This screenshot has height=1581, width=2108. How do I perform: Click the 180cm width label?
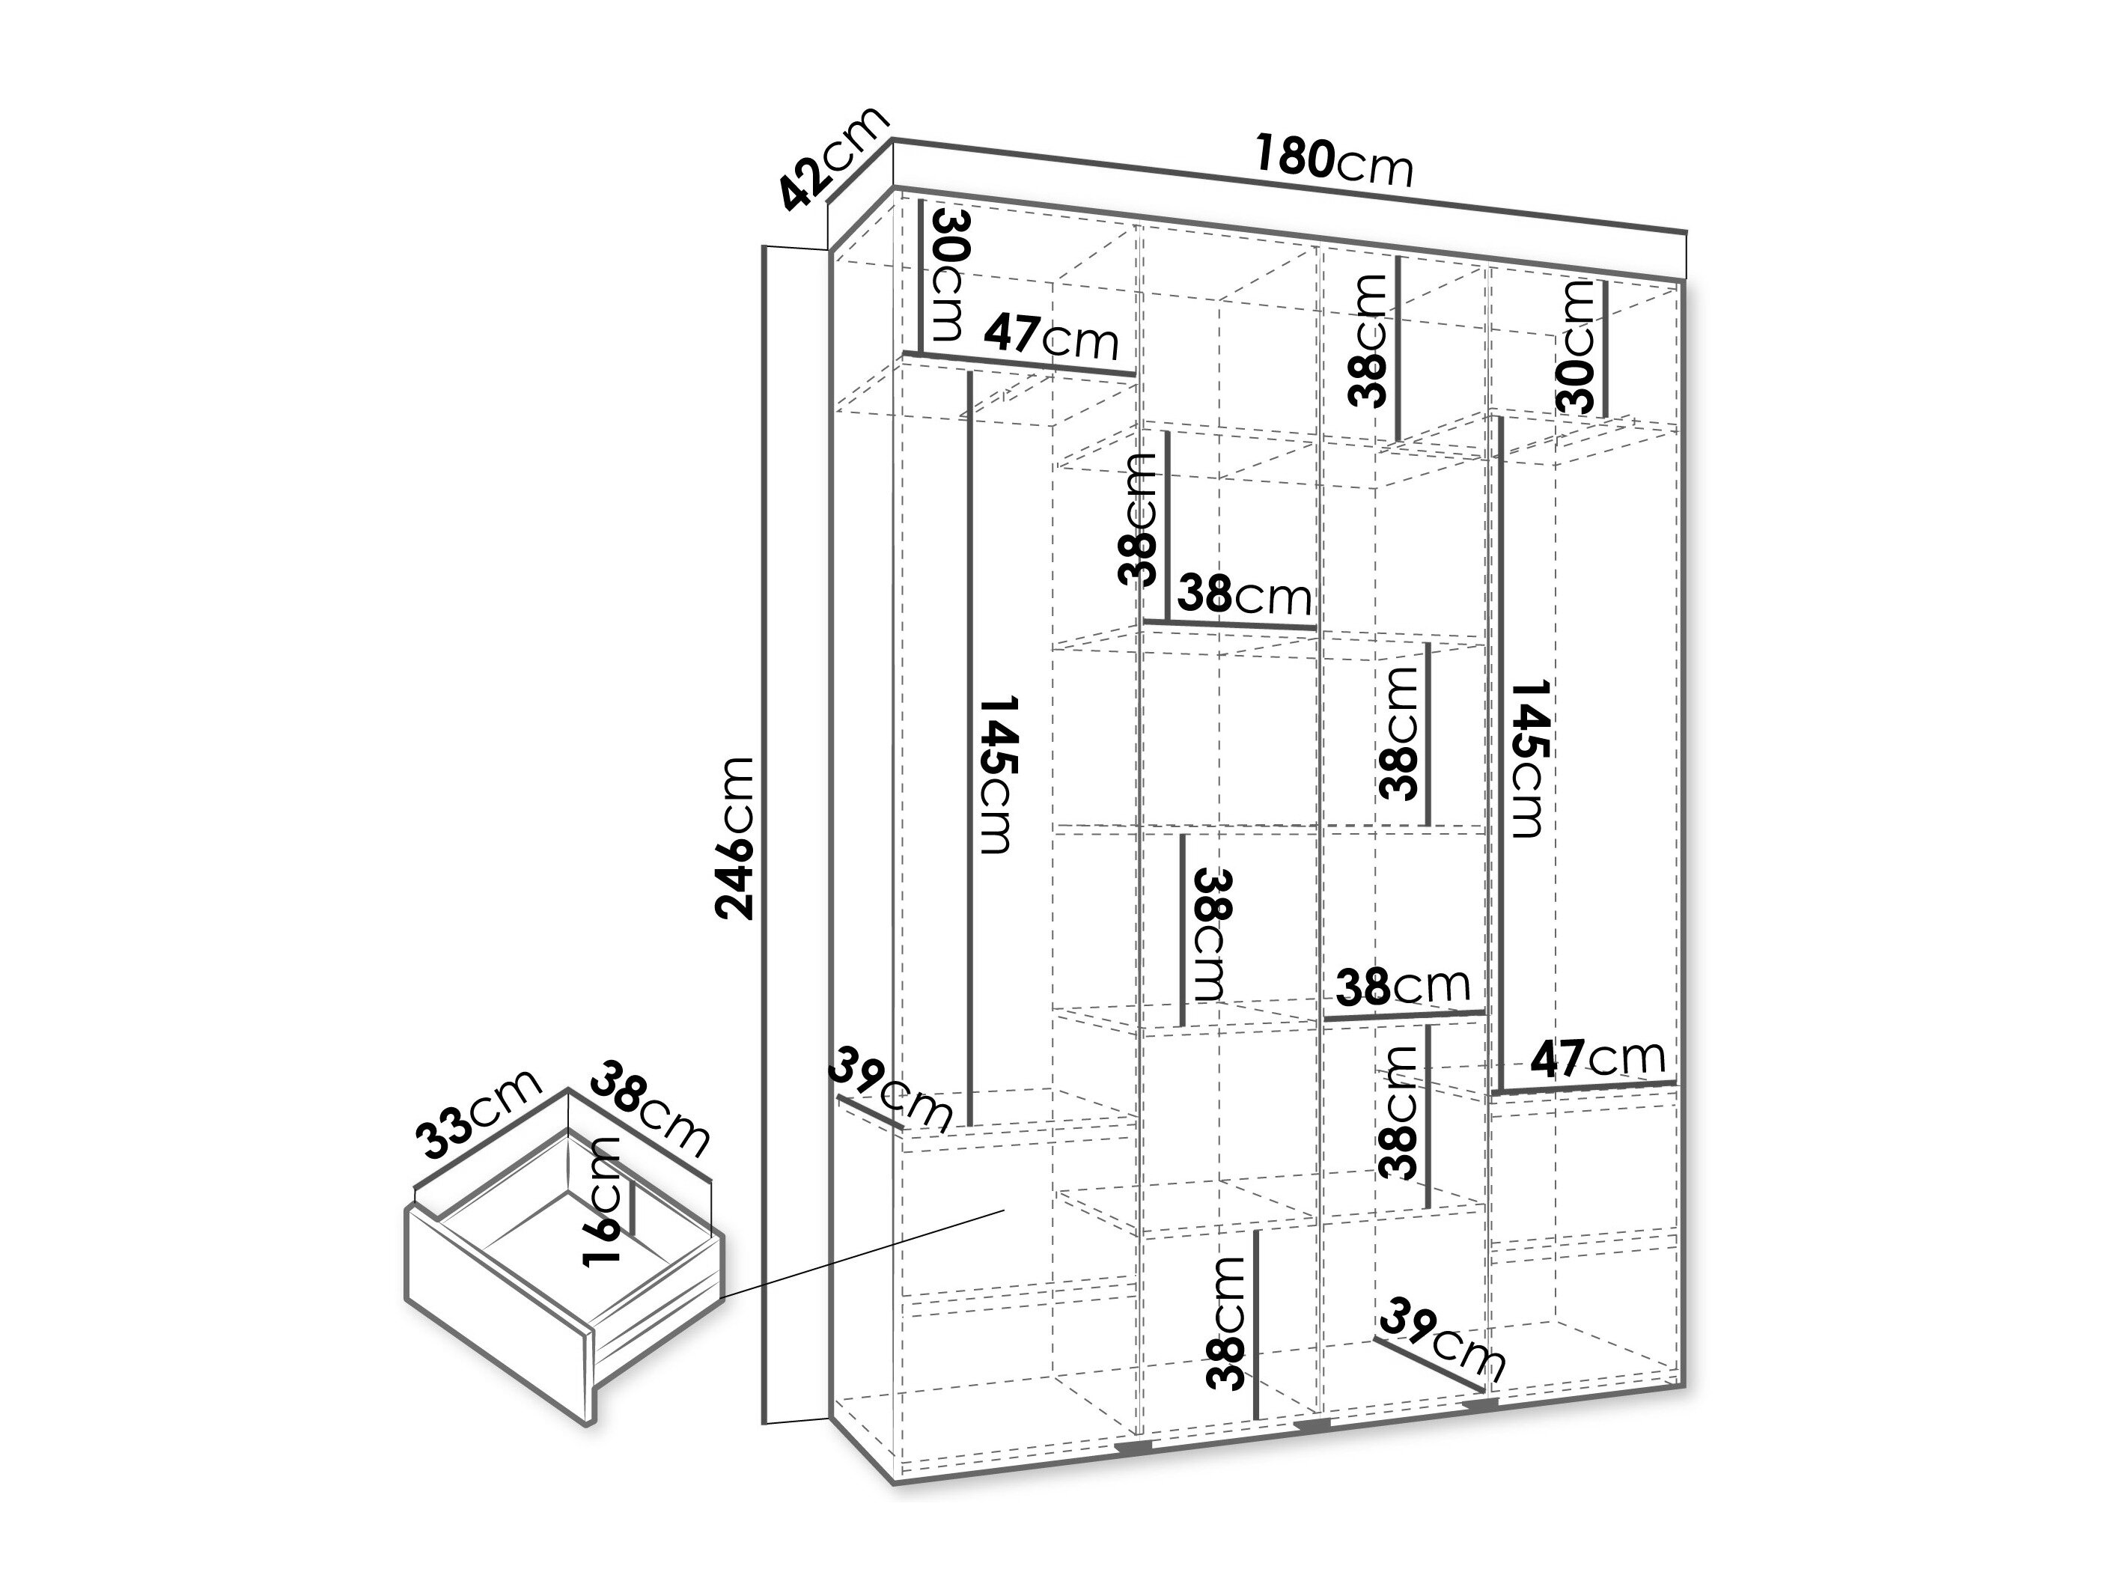coord(1334,160)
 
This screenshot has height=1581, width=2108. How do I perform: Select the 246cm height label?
coord(736,838)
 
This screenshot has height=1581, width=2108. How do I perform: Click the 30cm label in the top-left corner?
coord(950,275)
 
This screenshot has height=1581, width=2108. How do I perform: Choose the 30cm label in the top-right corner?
coord(1577,346)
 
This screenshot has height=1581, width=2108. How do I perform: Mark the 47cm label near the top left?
coord(1051,336)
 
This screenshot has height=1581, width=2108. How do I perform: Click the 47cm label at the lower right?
coord(1598,1057)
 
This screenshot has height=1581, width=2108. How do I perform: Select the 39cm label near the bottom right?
coord(1443,1338)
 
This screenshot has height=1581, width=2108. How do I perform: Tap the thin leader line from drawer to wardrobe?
coord(863,1254)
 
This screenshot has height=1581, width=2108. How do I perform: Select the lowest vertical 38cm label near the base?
coord(1225,1323)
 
